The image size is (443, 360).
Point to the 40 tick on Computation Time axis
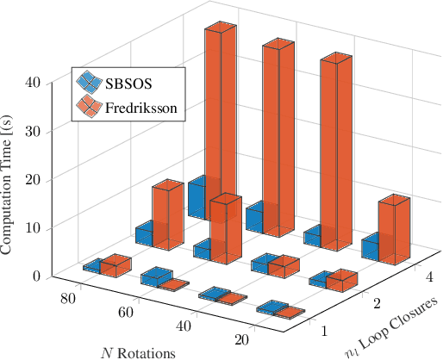(x=33, y=83)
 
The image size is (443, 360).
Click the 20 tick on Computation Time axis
(x=33, y=179)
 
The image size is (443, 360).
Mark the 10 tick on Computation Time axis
(x=33, y=227)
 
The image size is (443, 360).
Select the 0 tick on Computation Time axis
(x=36, y=276)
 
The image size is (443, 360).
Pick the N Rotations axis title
(x=138, y=351)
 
